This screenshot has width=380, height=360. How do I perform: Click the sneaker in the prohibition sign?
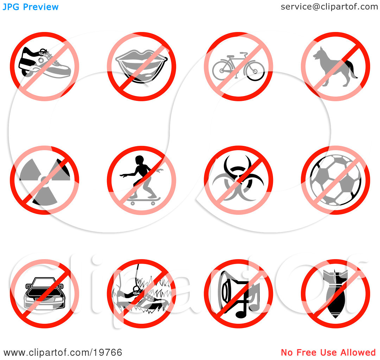45,63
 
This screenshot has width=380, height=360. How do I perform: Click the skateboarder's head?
139,160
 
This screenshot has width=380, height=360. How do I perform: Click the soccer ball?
335,180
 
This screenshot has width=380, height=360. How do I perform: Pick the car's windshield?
44,281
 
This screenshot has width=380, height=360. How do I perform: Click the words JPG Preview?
31,7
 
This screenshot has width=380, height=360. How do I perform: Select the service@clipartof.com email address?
329,7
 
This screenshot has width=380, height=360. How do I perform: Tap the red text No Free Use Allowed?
328,353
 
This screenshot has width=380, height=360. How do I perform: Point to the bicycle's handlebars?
243,53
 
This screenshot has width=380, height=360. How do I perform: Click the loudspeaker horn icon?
228,290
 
